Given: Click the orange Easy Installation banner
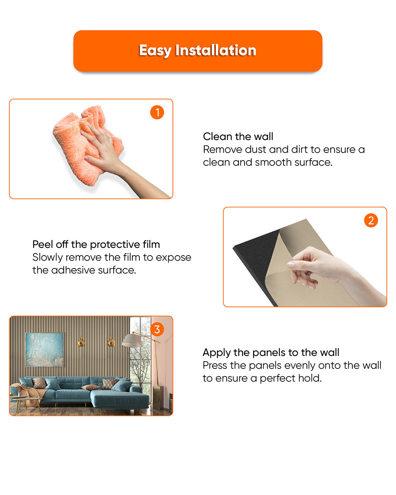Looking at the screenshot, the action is pos(198,51).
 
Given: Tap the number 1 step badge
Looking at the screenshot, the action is pos(157,112).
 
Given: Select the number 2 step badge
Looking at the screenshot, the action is pos(371,220).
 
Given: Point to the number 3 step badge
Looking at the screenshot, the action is pos(157,329).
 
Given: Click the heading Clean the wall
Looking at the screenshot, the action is pos(238,136).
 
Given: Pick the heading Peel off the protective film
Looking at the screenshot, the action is pos(96,245).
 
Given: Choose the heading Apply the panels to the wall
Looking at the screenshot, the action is pos(271,352).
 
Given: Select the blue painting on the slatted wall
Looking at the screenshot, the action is pos(44,349).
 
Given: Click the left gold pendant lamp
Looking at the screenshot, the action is pos(81,342).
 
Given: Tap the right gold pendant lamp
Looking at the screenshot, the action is pos(111,342).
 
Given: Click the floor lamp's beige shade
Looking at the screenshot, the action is pos(132,341).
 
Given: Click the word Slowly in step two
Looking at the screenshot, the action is pos(47,257).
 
